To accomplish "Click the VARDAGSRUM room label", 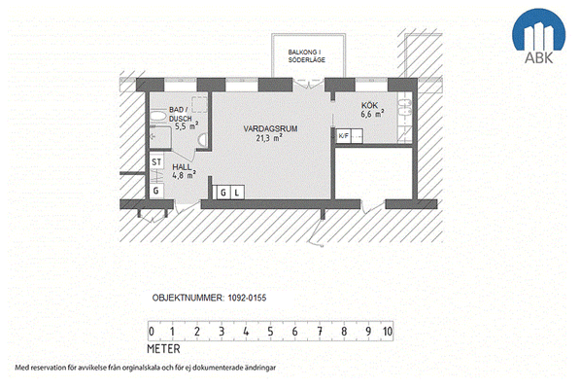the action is (270, 128).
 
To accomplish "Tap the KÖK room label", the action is (369, 105).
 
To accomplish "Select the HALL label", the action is (182, 167).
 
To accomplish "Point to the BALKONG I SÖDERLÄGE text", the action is (307, 55).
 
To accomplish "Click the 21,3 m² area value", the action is (269, 138).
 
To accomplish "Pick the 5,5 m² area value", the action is (187, 126).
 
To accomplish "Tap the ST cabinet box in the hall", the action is (156, 161).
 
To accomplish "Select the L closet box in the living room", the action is (237, 193).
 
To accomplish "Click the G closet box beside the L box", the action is (223, 193).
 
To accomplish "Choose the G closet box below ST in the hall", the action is (156, 191).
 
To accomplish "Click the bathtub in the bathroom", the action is (158, 116).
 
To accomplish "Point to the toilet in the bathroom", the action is (202, 140).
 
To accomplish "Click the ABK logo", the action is (538, 36).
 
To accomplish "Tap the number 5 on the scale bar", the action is (270, 332).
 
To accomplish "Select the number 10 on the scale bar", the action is (388, 332).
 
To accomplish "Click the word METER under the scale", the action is (163, 349).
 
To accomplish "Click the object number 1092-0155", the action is (247, 298).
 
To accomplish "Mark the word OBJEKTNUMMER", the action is (188, 298).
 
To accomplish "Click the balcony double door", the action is (309, 84).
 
